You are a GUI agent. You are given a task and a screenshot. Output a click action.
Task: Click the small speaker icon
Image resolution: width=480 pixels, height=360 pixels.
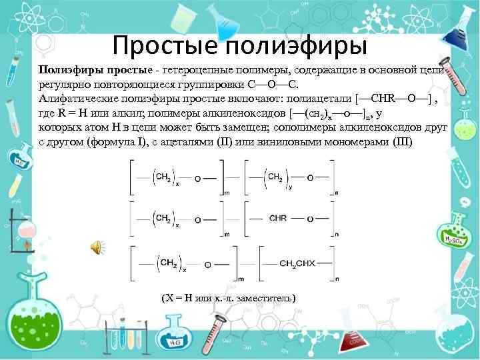point(97,249)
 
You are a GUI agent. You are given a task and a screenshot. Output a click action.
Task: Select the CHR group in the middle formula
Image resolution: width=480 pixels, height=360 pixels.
point(278,217)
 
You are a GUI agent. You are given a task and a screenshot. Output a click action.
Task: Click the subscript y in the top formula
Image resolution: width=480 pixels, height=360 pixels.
point(289,186)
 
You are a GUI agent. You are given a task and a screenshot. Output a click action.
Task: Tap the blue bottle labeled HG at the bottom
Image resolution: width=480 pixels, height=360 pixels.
point(175,332)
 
